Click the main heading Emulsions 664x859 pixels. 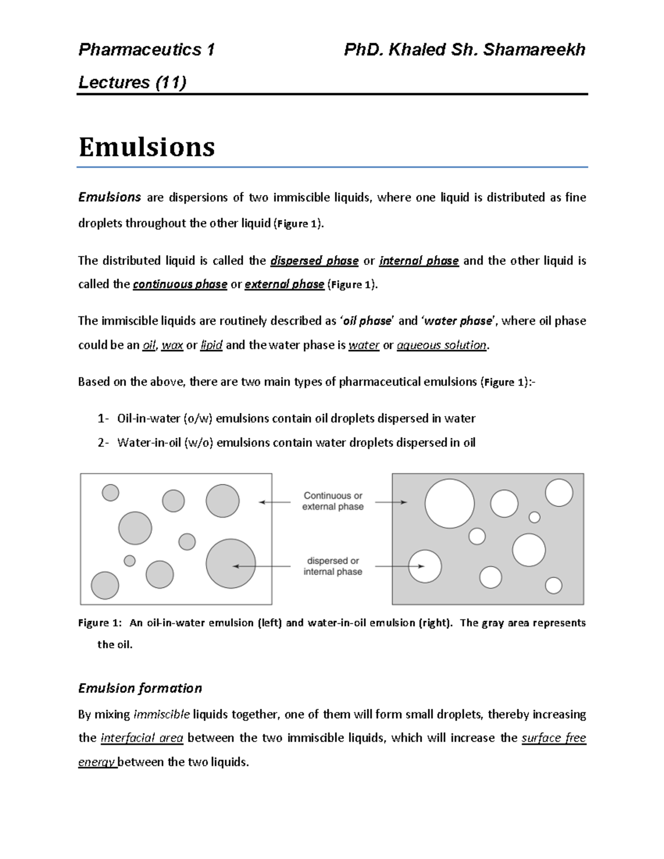[x=147, y=147]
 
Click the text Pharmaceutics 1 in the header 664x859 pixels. [x=146, y=50]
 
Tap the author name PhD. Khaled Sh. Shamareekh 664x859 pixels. [x=464, y=50]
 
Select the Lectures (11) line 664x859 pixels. [x=132, y=82]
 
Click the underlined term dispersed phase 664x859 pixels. [x=314, y=261]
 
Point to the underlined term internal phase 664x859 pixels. [x=419, y=261]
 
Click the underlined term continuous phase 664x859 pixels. [x=180, y=284]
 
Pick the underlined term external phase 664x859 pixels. [x=284, y=284]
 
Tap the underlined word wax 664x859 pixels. [x=172, y=345]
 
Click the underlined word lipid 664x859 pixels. [x=211, y=345]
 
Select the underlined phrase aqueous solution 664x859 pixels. [x=442, y=345]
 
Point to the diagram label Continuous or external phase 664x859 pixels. [x=333, y=501]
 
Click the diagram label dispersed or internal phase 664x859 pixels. [x=333, y=566]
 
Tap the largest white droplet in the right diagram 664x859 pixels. [x=449, y=504]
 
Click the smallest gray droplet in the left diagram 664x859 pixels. [x=129, y=561]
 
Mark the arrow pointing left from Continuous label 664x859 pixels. [x=275, y=502]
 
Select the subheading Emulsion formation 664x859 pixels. [x=140, y=688]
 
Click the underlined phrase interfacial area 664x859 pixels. [x=142, y=738]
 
